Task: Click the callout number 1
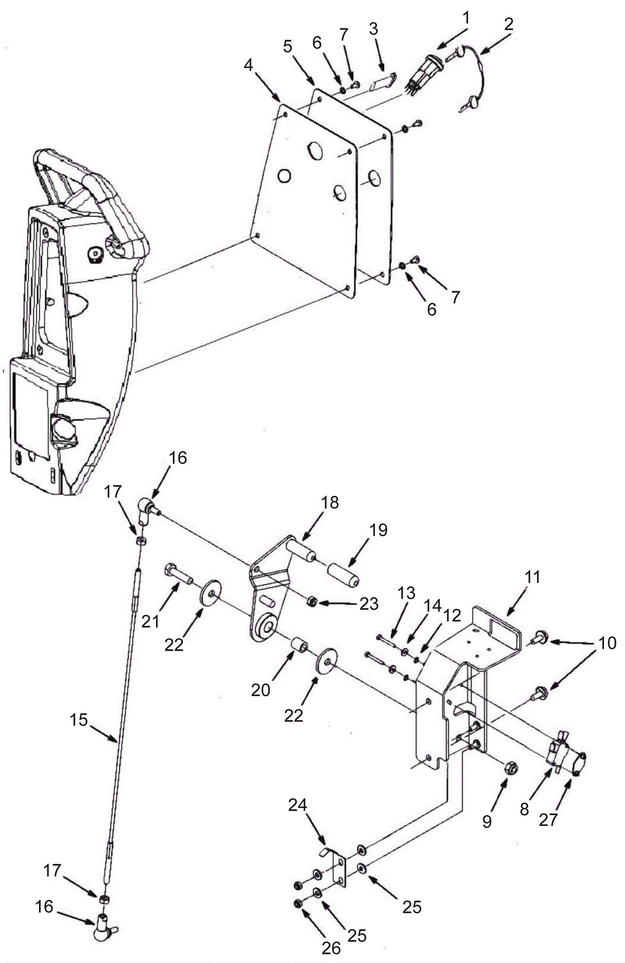click(x=466, y=18)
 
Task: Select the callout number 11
click(x=532, y=577)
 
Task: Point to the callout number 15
click(x=79, y=719)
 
